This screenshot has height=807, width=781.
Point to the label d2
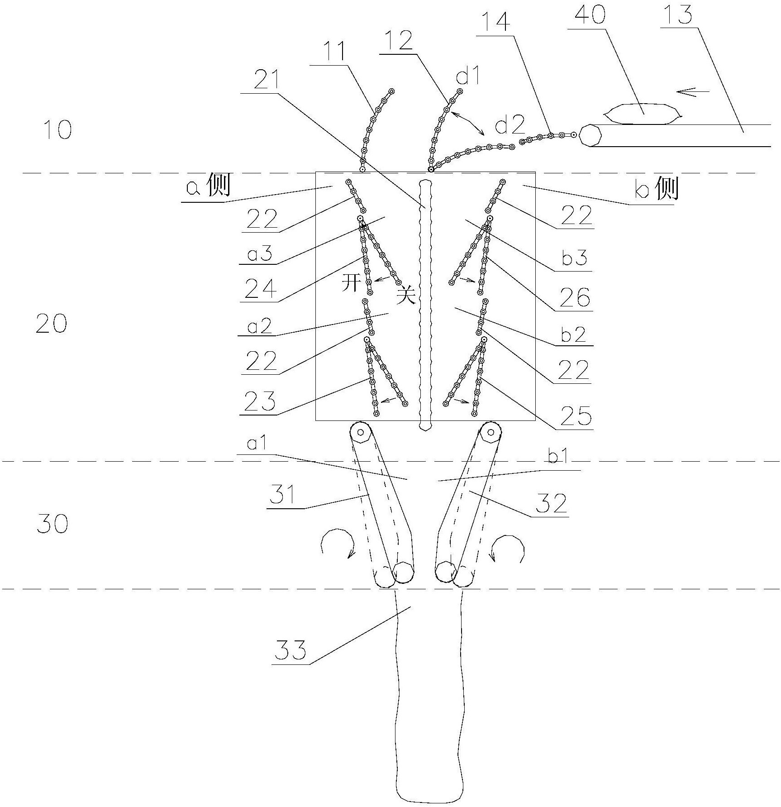pos(510,124)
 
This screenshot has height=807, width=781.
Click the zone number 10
pos(58,130)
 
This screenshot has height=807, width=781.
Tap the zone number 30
pos(52,524)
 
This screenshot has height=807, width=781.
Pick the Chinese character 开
pos(352,283)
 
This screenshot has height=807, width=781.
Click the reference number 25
pos(576,416)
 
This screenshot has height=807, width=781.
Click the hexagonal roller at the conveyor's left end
pos(590,135)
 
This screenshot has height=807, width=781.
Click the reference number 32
pos(552,503)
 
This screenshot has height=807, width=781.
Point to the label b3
pos(575,258)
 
